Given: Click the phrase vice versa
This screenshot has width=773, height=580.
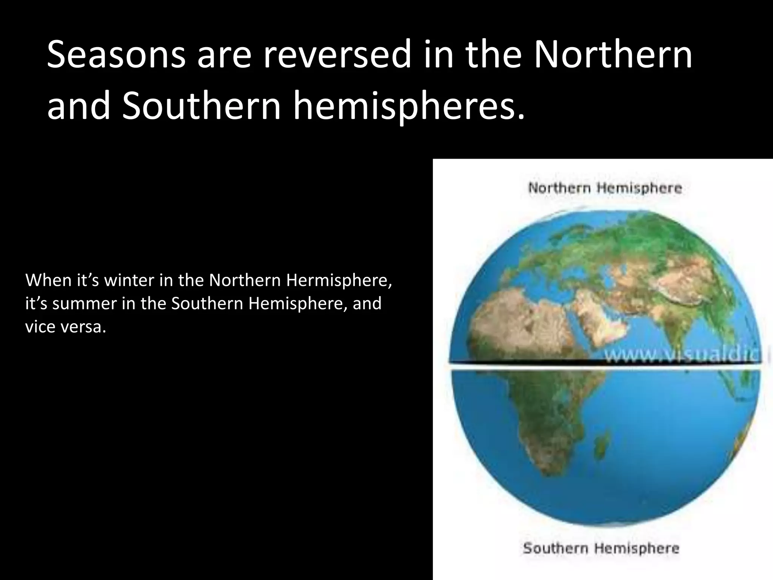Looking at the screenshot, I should tap(65, 327).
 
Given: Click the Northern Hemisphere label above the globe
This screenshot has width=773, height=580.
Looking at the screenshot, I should tap(605, 188).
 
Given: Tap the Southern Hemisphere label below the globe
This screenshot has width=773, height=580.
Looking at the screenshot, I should tap(601, 548).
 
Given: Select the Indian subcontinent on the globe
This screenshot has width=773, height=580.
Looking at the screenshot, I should tap(679, 332).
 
